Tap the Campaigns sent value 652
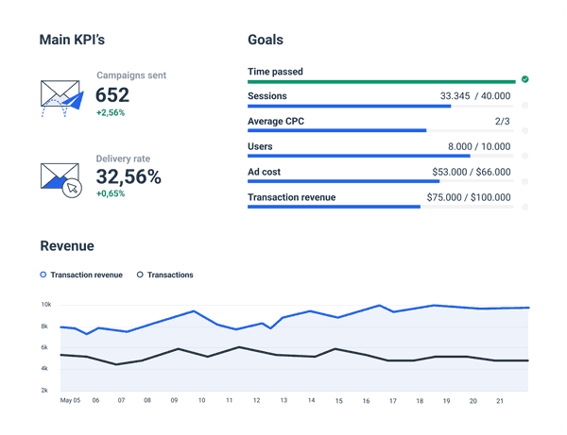112,95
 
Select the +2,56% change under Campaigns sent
110,112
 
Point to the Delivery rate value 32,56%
129,176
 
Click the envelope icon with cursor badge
60,178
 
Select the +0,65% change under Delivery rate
110,193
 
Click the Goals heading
266,41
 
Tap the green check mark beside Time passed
524,79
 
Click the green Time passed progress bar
381,81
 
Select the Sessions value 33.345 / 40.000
475,96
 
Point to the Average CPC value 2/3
502,122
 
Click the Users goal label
260,147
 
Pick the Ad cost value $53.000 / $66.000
471,173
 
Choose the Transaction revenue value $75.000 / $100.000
469,198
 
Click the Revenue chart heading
67,246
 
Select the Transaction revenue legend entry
82,275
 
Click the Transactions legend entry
165,275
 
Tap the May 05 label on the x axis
70,400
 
